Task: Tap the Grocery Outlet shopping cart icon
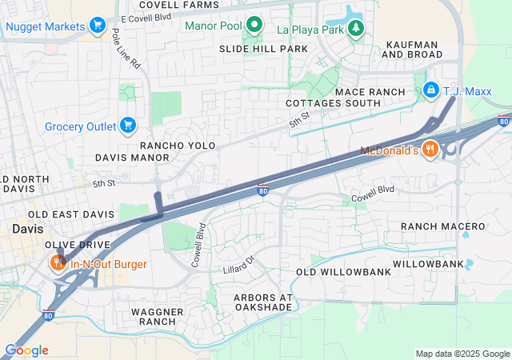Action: click(126, 126)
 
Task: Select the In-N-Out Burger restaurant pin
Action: click(58, 262)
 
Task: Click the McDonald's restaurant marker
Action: click(430, 150)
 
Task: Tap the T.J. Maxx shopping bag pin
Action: click(431, 90)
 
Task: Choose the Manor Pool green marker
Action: click(254, 26)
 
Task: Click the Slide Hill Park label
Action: click(264, 49)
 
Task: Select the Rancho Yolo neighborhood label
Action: click(174, 146)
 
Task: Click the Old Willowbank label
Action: click(344, 272)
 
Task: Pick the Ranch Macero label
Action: click(443, 227)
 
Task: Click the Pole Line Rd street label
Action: click(127, 48)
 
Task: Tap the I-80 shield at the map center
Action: click(263, 190)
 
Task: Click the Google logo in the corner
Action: click(26, 350)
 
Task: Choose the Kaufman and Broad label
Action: click(412, 49)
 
